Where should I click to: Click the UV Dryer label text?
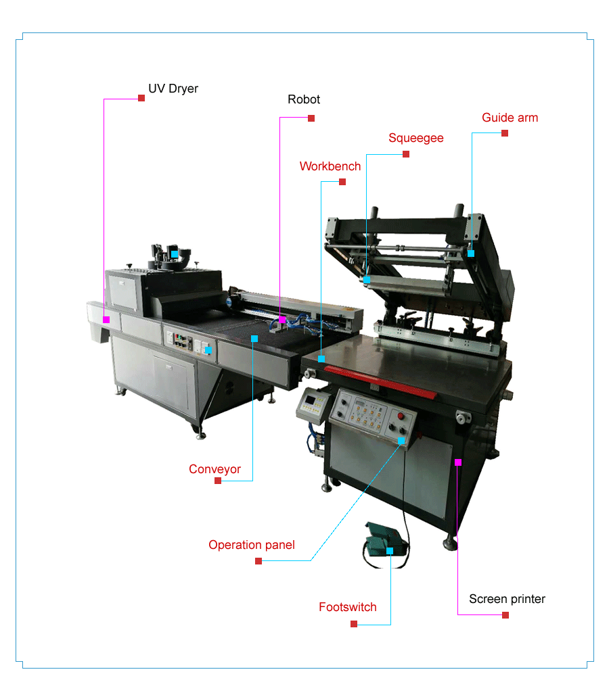173,89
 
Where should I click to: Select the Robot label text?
304,99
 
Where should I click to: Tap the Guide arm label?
510,118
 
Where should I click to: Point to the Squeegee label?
415,139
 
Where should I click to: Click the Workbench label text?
330,166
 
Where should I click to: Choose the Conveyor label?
215,469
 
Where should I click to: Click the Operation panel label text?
252,545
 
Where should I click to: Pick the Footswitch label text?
347,607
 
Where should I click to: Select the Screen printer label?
507,599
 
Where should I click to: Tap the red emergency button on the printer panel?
401,416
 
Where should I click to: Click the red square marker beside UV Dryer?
141,98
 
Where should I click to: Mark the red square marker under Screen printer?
505,615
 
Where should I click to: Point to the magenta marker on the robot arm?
282,320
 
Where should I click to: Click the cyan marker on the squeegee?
367,280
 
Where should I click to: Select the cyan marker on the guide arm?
471,254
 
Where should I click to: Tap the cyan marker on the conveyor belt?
254,339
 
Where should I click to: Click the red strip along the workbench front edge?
381,381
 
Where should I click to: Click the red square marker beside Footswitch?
354,624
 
